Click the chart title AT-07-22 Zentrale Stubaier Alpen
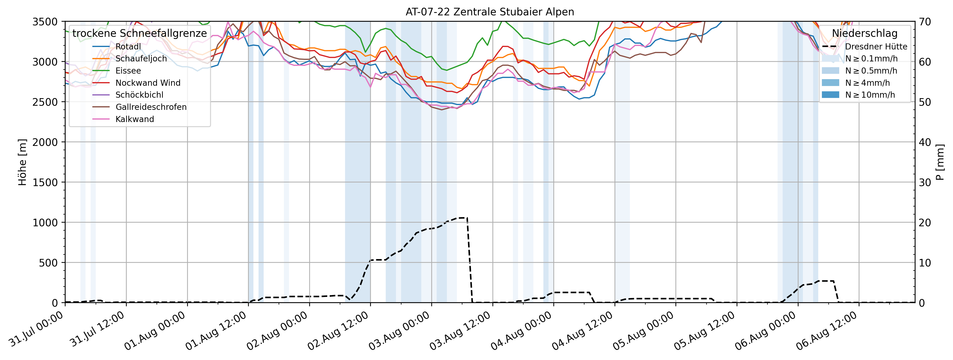click(490, 12)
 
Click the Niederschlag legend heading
click(865, 33)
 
